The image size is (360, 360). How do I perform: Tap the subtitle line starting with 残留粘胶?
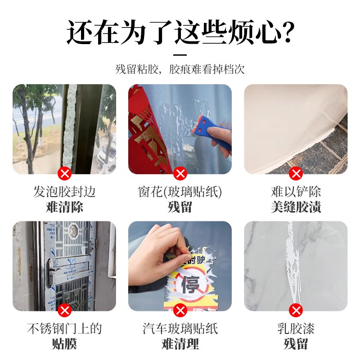180,70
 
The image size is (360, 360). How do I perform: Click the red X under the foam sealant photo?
65,173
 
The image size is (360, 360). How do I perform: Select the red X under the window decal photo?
180,173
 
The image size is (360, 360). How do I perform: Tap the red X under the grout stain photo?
296,173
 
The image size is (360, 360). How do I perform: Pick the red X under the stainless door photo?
65,310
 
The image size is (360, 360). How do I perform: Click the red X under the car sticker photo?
180,310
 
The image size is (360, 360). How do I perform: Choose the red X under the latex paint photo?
296,310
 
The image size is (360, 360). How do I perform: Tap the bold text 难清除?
65,207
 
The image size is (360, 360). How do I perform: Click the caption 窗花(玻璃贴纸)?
180,192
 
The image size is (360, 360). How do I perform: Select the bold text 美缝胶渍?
296,207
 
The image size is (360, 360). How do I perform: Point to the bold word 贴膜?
65,344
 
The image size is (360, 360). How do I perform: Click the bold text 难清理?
180,344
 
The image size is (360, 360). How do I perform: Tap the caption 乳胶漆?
296,329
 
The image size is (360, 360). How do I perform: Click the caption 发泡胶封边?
65,192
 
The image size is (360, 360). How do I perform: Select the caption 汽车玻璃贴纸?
180,329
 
